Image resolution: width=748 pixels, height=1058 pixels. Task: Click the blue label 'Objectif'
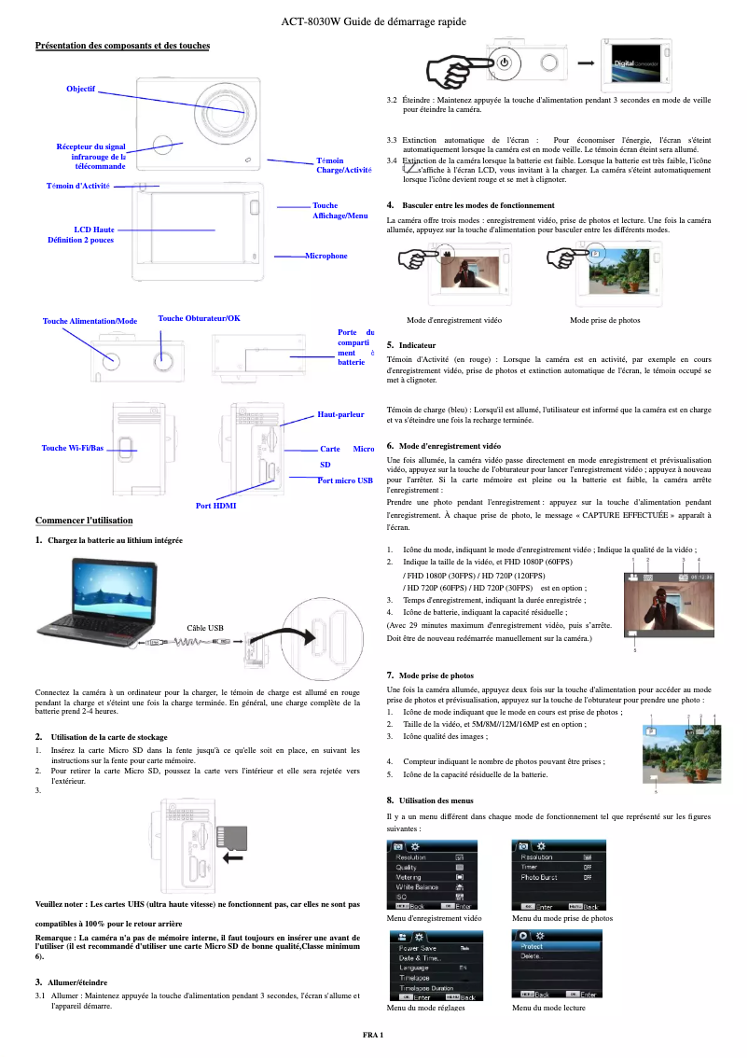[x=80, y=89]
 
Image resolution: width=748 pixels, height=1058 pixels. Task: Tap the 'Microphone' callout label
[x=326, y=256]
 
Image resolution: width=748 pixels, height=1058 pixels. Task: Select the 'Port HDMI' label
[x=215, y=506]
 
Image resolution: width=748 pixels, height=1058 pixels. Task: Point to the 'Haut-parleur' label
[x=340, y=414]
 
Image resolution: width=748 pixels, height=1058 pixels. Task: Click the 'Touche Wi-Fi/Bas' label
[x=73, y=449]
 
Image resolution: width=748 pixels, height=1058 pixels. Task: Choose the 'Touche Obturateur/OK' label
[x=200, y=319]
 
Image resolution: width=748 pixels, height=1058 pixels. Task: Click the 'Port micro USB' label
[x=345, y=480]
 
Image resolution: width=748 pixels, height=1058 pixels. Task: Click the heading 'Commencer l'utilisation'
[x=83, y=520]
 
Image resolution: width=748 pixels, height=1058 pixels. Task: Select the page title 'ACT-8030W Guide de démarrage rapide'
[x=373, y=21]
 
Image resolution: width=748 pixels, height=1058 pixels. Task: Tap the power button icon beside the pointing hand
[x=505, y=63]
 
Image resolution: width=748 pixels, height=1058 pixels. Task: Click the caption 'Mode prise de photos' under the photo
[x=604, y=320]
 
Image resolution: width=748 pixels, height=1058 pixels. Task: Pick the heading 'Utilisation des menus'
[x=436, y=800]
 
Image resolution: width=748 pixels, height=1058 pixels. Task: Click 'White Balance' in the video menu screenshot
[x=417, y=887]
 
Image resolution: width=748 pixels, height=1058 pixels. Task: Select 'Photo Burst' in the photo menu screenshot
[x=539, y=878]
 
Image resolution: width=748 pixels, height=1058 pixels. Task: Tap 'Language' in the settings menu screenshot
[x=413, y=968]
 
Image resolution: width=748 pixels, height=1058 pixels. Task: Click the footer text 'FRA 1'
[x=373, y=1037]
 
